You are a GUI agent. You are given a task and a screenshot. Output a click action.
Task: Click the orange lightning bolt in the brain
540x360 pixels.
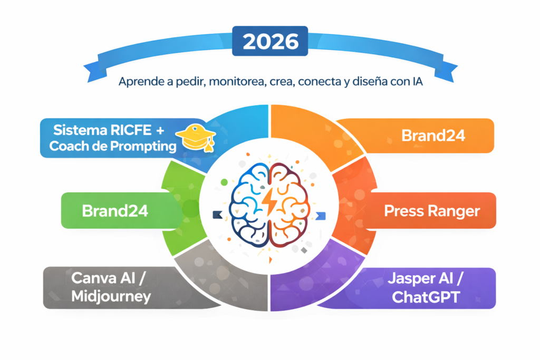[x=269, y=202]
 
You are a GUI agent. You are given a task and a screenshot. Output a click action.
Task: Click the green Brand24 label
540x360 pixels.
[x=115, y=211]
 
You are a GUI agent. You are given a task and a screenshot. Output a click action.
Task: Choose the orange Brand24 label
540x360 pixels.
[x=433, y=135]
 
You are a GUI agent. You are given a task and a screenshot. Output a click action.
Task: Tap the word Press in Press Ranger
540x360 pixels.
[x=404, y=211]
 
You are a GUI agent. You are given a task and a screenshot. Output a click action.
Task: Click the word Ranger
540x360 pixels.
[x=454, y=211]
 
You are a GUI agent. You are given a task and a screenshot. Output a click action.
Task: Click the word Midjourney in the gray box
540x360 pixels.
[x=111, y=296]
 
